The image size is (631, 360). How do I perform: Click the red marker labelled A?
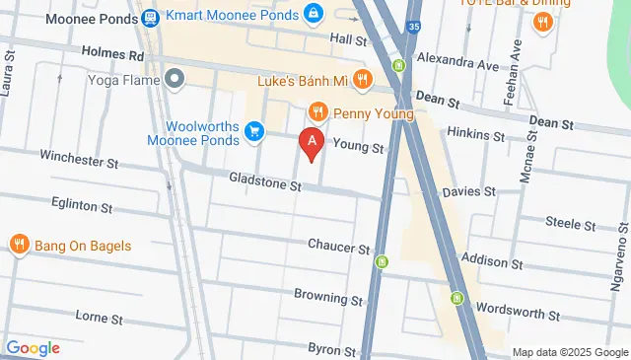(x=313, y=144)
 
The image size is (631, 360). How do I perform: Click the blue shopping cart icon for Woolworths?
(x=254, y=131)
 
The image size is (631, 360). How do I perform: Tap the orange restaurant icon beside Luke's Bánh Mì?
(x=364, y=79)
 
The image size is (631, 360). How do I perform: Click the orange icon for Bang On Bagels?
(x=18, y=245)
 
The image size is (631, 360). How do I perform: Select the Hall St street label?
(x=348, y=39)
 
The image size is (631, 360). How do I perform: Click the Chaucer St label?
(x=338, y=246)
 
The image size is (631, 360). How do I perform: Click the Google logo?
(x=33, y=347)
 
